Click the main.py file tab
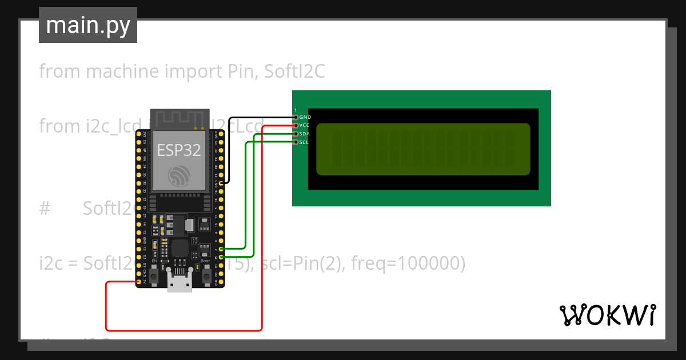87,26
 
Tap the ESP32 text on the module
180,150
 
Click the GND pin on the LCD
296,117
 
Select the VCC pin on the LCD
296,125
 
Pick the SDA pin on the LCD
296,134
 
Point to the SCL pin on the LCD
296,142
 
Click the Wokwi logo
607,315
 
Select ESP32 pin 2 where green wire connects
221,249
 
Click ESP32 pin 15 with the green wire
221,257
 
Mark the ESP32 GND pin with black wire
221,183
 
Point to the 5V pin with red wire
139,282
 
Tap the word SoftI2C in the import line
294,71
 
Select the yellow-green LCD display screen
423,149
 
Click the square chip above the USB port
180,248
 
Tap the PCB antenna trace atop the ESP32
180,119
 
